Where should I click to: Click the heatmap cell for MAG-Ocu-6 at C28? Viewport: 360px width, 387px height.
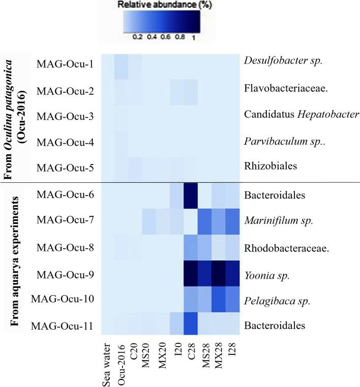(x=192, y=195)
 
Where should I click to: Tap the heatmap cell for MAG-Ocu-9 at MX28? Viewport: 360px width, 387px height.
(x=220, y=273)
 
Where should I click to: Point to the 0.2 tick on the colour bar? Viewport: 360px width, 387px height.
(x=137, y=37)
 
